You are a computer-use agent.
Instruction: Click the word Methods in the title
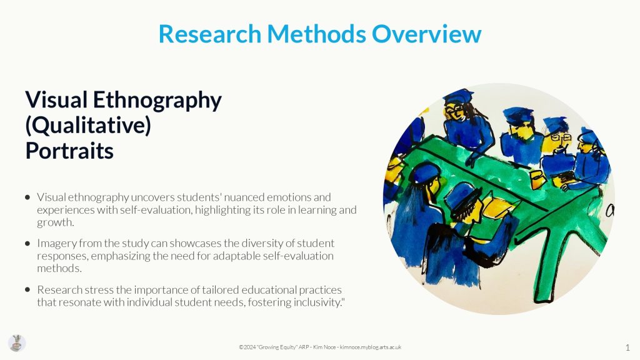point(316,34)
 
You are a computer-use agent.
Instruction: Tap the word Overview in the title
point(426,34)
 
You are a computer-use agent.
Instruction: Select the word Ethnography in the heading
point(157,101)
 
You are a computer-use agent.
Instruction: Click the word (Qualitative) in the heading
point(88,125)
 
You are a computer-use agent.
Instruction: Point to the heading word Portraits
point(69,151)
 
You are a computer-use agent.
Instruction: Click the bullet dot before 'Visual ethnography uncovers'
point(27,197)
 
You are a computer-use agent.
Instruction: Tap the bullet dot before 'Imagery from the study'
point(27,244)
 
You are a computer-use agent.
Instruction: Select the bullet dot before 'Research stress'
point(27,290)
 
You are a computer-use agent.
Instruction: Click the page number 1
point(627,347)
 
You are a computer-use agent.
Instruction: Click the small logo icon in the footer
point(17,343)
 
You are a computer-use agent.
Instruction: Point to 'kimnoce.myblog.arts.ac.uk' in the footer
point(371,347)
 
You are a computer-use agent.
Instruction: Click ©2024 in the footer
point(247,347)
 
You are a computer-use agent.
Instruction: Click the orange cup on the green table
point(537,179)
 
